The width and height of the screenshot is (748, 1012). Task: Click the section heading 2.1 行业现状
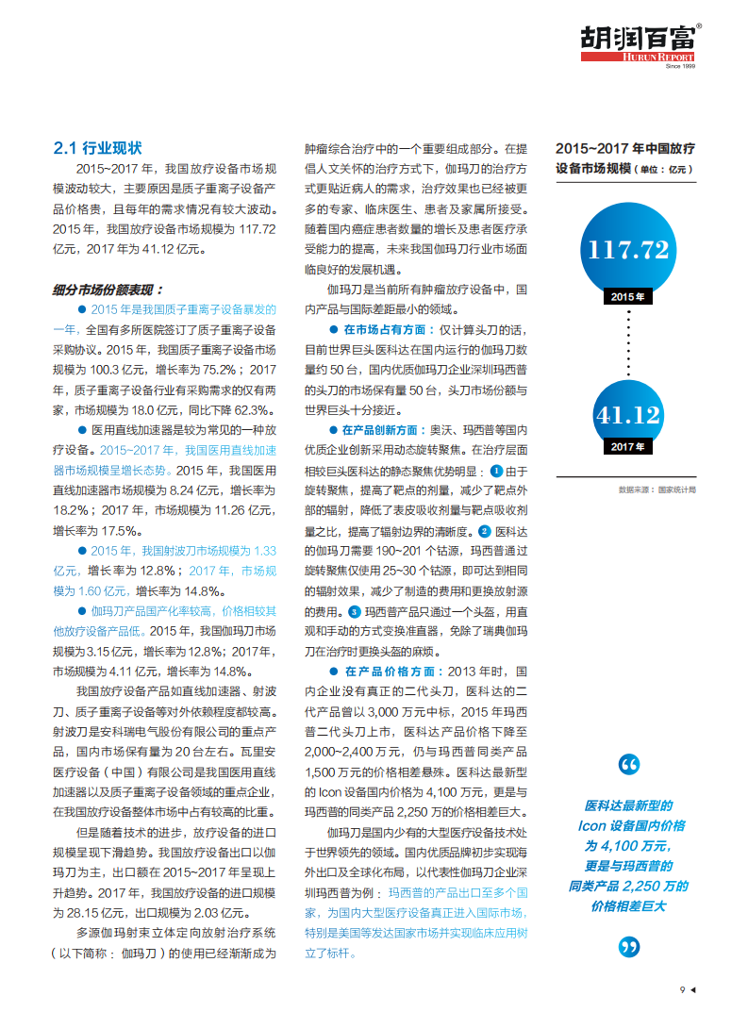pos(97,148)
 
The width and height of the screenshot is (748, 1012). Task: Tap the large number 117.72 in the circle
pos(628,250)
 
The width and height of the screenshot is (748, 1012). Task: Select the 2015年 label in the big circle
pos(628,296)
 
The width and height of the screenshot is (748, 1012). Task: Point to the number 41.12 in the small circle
pos(627,414)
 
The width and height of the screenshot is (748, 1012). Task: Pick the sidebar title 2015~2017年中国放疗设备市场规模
pos(624,158)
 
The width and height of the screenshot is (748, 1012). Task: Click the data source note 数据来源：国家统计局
pos(657,489)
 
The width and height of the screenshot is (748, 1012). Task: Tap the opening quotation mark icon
pos(629,764)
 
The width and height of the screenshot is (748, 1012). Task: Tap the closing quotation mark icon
pos(629,946)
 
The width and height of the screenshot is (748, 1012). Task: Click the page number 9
pos(681,989)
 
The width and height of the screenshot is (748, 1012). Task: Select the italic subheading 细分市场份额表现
pos(108,290)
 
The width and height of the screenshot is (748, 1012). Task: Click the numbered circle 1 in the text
pos(496,471)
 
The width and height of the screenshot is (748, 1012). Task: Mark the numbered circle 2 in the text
pos(485,531)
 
